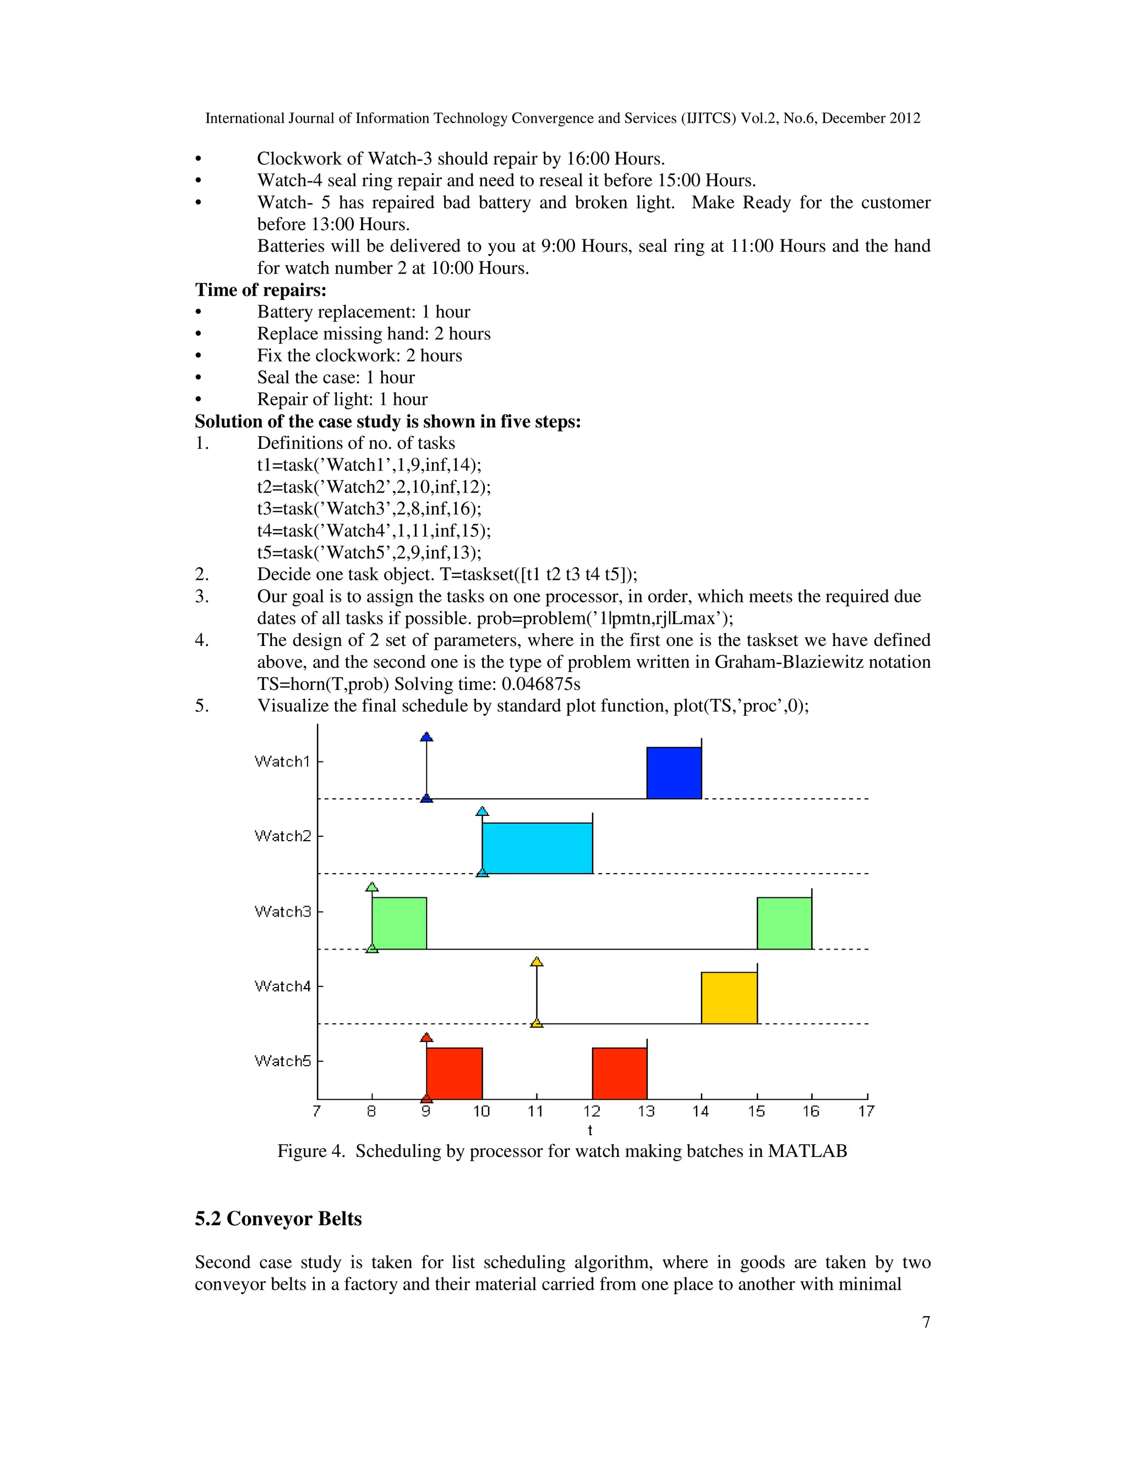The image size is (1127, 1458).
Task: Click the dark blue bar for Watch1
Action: (x=674, y=772)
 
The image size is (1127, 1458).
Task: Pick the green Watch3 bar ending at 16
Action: (x=785, y=923)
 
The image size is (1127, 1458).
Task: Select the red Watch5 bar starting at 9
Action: (x=454, y=1073)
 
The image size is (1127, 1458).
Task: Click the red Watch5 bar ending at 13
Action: (x=620, y=1073)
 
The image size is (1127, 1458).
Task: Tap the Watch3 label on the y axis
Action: (x=282, y=911)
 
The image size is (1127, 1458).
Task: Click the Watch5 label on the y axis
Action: (x=282, y=1061)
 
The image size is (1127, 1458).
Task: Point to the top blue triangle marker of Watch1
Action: (x=426, y=736)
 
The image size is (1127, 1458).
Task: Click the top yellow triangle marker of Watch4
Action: (x=537, y=961)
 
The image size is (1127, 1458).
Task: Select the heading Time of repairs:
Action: (x=260, y=290)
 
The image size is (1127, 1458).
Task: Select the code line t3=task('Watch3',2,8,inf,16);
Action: (x=369, y=509)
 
